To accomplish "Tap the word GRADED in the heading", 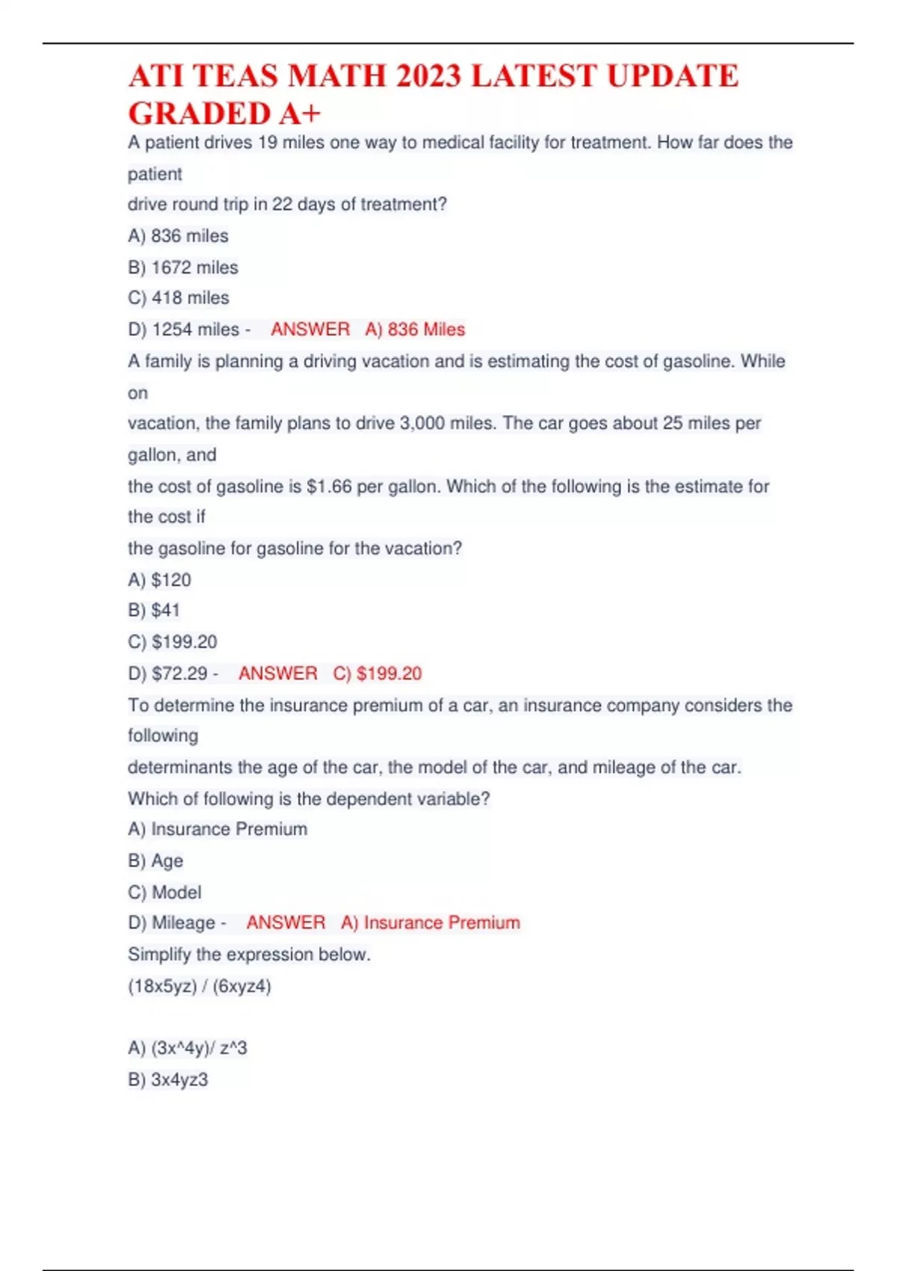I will [x=199, y=114].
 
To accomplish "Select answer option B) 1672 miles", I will [x=183, y=267].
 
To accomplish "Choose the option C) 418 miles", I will [x=179, y=298].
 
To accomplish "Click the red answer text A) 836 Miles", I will [x=415, y=329].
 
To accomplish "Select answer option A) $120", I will [x=160, y=579].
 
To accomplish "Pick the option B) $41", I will [x=154, y=610].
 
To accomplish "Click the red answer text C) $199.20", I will [x=377, y=673].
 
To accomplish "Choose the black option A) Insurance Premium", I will [x=218, y=829].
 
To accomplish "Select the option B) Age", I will [x=155, y=861].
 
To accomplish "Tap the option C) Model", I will [x=164, y=892].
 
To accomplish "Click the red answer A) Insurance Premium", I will [x=431, y=923].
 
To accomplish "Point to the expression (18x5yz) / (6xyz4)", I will [x=200, y=986].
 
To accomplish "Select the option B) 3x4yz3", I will [x=168, y=1080].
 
